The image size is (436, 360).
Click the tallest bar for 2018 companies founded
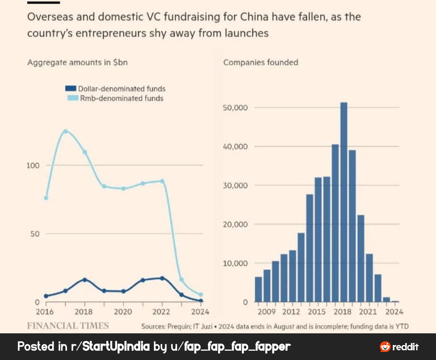344,202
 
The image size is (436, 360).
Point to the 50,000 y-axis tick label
235,107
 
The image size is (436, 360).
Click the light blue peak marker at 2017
65,131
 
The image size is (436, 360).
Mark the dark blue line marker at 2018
85,280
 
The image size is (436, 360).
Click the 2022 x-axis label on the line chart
162,312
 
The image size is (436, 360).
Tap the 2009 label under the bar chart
266,312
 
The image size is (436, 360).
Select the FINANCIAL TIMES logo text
68,326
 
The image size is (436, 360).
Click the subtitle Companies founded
260,63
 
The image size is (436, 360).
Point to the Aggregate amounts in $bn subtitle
78,63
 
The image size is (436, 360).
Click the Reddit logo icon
385,347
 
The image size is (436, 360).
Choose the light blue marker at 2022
162,181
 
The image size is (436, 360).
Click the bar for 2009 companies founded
258,289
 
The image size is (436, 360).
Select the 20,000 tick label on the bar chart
235,224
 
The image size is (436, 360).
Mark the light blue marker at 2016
46,198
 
